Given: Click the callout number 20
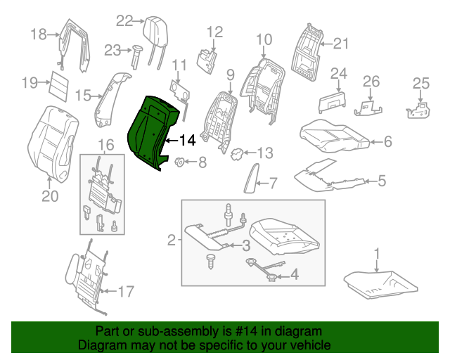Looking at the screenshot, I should tap(49, 196).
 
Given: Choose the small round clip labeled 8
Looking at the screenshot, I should tap(179, 163).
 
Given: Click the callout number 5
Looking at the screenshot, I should tap(381, 181).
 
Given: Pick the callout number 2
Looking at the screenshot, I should tap(172, 241).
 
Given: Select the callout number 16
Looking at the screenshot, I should tap(105, 146).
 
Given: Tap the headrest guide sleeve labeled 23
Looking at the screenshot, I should tap(136, 55).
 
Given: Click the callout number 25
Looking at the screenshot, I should tap(420, 84).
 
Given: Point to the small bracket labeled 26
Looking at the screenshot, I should tap(368, 107).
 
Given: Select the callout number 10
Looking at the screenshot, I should tap(264, 39).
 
